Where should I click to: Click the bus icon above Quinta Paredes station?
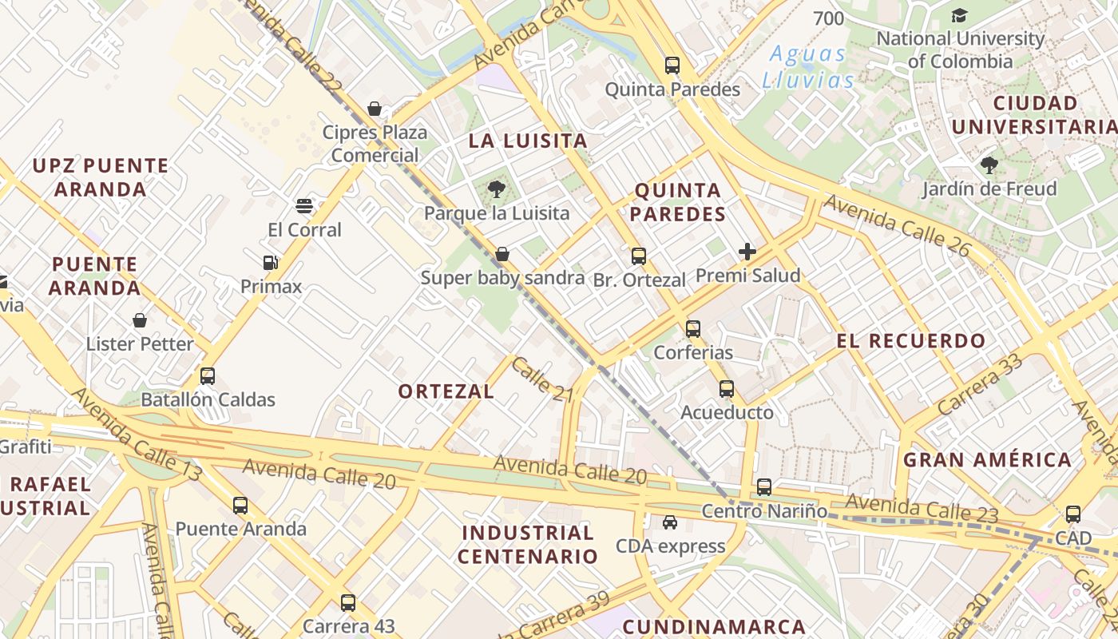coord(672,65)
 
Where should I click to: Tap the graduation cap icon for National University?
coord(959,15)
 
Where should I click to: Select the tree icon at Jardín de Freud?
coord(989,165)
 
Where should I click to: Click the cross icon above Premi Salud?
coord(747,252)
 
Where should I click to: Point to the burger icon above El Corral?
coord(303,206)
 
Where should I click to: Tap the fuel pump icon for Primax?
coord(271,262)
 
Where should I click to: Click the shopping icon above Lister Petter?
coord(140,320)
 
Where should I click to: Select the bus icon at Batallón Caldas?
coord(208,375)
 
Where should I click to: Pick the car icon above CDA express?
coord(670,522)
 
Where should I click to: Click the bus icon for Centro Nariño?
coord(764,486)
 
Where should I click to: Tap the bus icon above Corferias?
coord(693,328)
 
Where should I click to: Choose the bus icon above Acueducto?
coord(726,389)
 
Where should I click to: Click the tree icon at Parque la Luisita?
coord(496,189)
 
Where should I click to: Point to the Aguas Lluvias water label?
coord(807,67)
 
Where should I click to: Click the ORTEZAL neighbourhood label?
coord(446,391)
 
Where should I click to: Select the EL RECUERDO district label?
coord(911,341)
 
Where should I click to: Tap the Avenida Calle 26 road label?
coord(897,226)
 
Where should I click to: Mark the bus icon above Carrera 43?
coord(347,602)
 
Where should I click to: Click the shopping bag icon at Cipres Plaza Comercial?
coord(375,108)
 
